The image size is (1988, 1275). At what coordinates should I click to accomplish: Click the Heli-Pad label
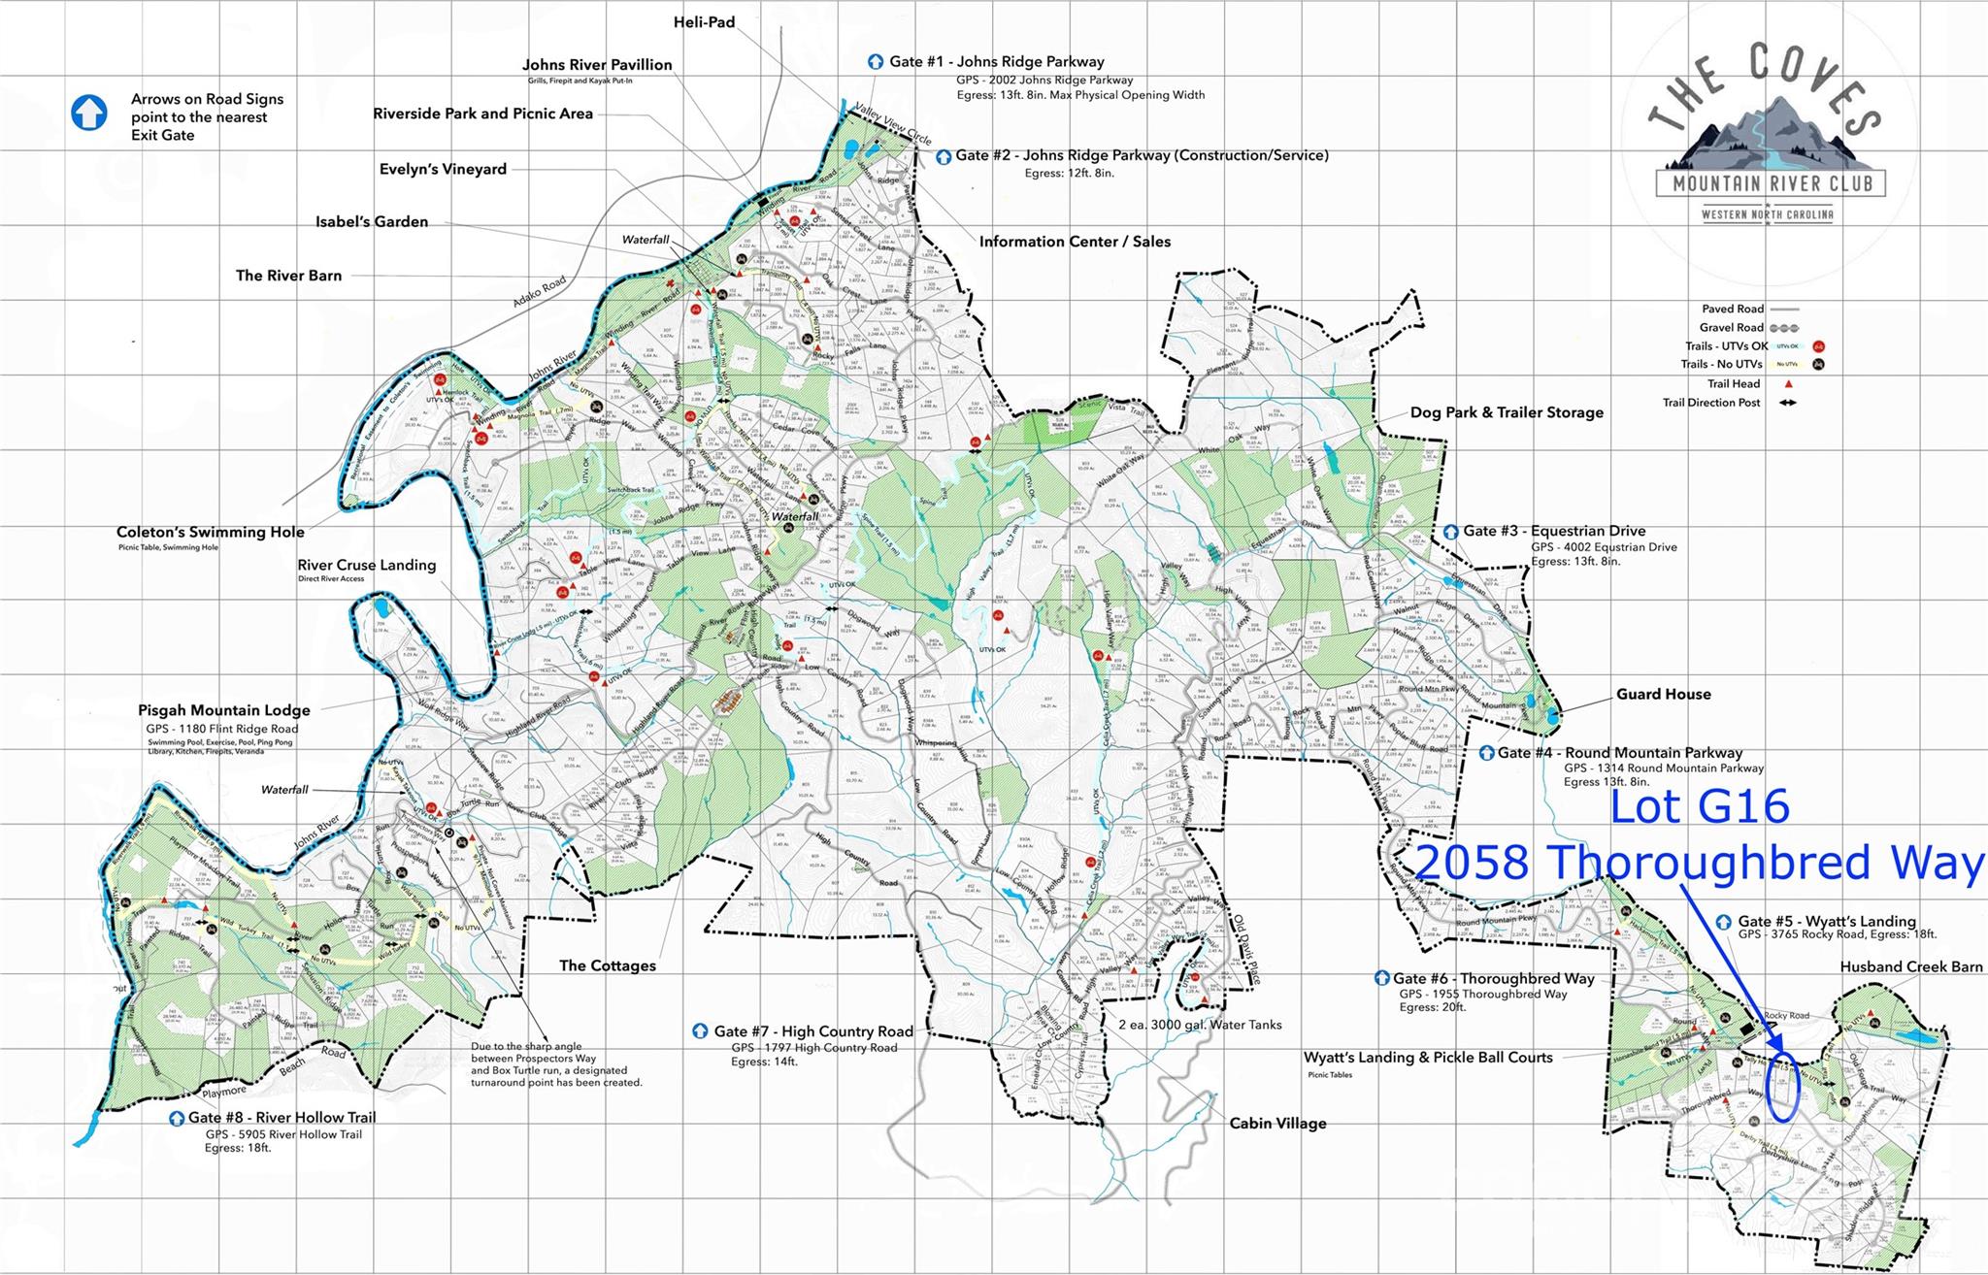(x=704, y=21)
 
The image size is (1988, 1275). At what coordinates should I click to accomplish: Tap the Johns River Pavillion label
(x=597, y=65)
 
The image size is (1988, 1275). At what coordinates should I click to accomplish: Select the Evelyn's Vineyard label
(x=443, y=169)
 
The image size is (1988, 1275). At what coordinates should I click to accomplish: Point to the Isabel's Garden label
(x=372, y=221)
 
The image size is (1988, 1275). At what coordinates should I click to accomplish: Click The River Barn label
(x=288, y=276)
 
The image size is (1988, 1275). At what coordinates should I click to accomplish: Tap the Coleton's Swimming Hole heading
(x=211, y=532)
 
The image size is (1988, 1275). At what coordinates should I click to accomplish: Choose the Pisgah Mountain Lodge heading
(x=224, y=710)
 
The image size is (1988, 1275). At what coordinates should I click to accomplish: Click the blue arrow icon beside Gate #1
(x=876, y=62)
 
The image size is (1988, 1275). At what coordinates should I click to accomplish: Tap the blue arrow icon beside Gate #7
(x=700, y=1031)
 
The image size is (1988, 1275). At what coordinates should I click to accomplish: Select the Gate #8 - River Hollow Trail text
(x=282, y=1118)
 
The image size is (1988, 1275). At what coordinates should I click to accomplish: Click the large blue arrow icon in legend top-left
(x=89, y=114)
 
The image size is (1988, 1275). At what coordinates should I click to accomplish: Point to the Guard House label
(x=1663, y=694)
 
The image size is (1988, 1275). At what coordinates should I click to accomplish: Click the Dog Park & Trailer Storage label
(x=1507, y=412)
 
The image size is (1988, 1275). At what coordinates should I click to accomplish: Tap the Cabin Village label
(x=1277, y=1124)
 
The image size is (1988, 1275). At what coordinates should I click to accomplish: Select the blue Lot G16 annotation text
(x=1701, y=807)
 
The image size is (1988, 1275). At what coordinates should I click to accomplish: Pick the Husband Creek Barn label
(x=1910, y=966)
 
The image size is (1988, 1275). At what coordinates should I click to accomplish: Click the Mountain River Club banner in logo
(x=1771, y=182)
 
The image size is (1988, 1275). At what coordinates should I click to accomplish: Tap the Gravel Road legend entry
(x=1732, y=327)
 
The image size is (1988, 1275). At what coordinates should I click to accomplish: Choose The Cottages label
(x=608, y=965)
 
